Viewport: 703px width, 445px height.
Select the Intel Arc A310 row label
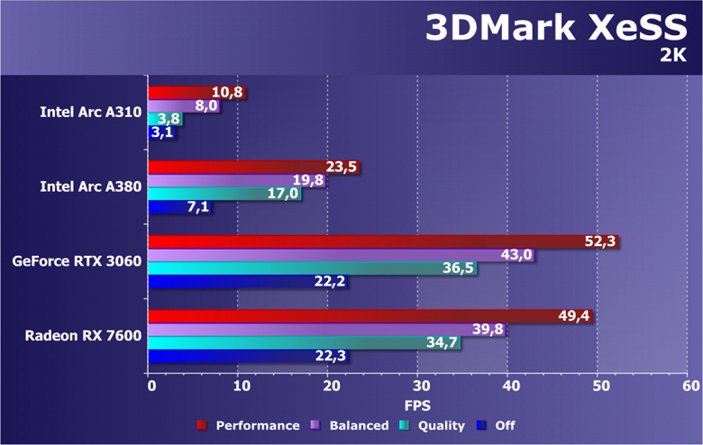tap(90, 112)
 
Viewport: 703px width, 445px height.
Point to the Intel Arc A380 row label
tap(90, 186)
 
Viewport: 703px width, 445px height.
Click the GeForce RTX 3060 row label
tap(77, 261)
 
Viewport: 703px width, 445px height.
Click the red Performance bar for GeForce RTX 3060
tap(361, 241)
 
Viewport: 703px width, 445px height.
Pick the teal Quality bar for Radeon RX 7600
tap(288, 342)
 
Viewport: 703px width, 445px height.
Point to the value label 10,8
tap(227, 92)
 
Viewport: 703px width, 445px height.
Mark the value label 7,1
tap(198, 208)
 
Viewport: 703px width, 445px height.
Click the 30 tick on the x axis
tap(417, 386)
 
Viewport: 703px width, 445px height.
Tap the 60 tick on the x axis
tap(690, 386)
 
